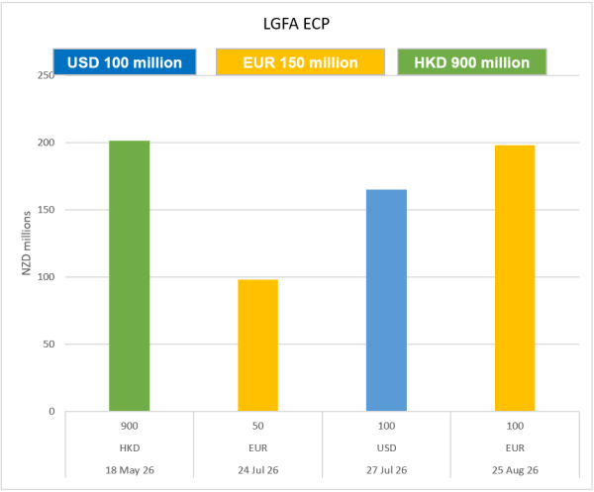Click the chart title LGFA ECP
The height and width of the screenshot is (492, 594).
point(295,23)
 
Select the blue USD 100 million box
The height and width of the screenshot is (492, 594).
point(125,62)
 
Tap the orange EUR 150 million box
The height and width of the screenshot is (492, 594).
point(300,62)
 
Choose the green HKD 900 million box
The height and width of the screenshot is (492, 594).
point(472,62)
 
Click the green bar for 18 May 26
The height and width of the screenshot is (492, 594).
point(129,276)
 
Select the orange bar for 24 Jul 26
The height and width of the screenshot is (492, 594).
point(257,345)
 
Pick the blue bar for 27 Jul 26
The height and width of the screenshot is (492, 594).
point(386,300)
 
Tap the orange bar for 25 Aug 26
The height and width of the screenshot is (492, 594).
point(515,278)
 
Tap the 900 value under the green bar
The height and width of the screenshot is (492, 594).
point(129,425)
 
